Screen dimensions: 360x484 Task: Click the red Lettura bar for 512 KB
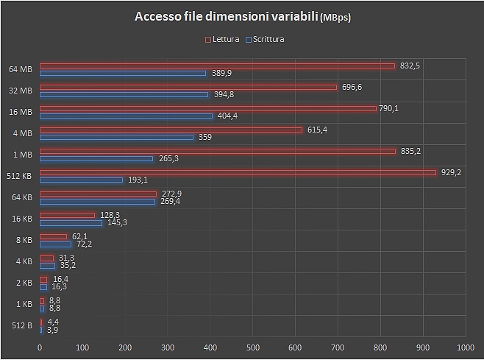[x=238, y=173]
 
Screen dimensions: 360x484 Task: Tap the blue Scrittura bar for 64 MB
[x=123, y=74]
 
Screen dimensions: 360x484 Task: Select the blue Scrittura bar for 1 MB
[x=96, y=158]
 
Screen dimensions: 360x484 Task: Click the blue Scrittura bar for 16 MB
[x=126, y=116]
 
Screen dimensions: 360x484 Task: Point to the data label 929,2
[x=451, y=172]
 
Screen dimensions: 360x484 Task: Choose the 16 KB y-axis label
[x=22, y=219]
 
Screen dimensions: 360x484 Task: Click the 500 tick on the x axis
[x=252, y=347]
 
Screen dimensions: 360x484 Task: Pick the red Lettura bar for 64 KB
[x=98, y=194]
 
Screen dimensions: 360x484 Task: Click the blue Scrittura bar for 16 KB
[x=71, y=222]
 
